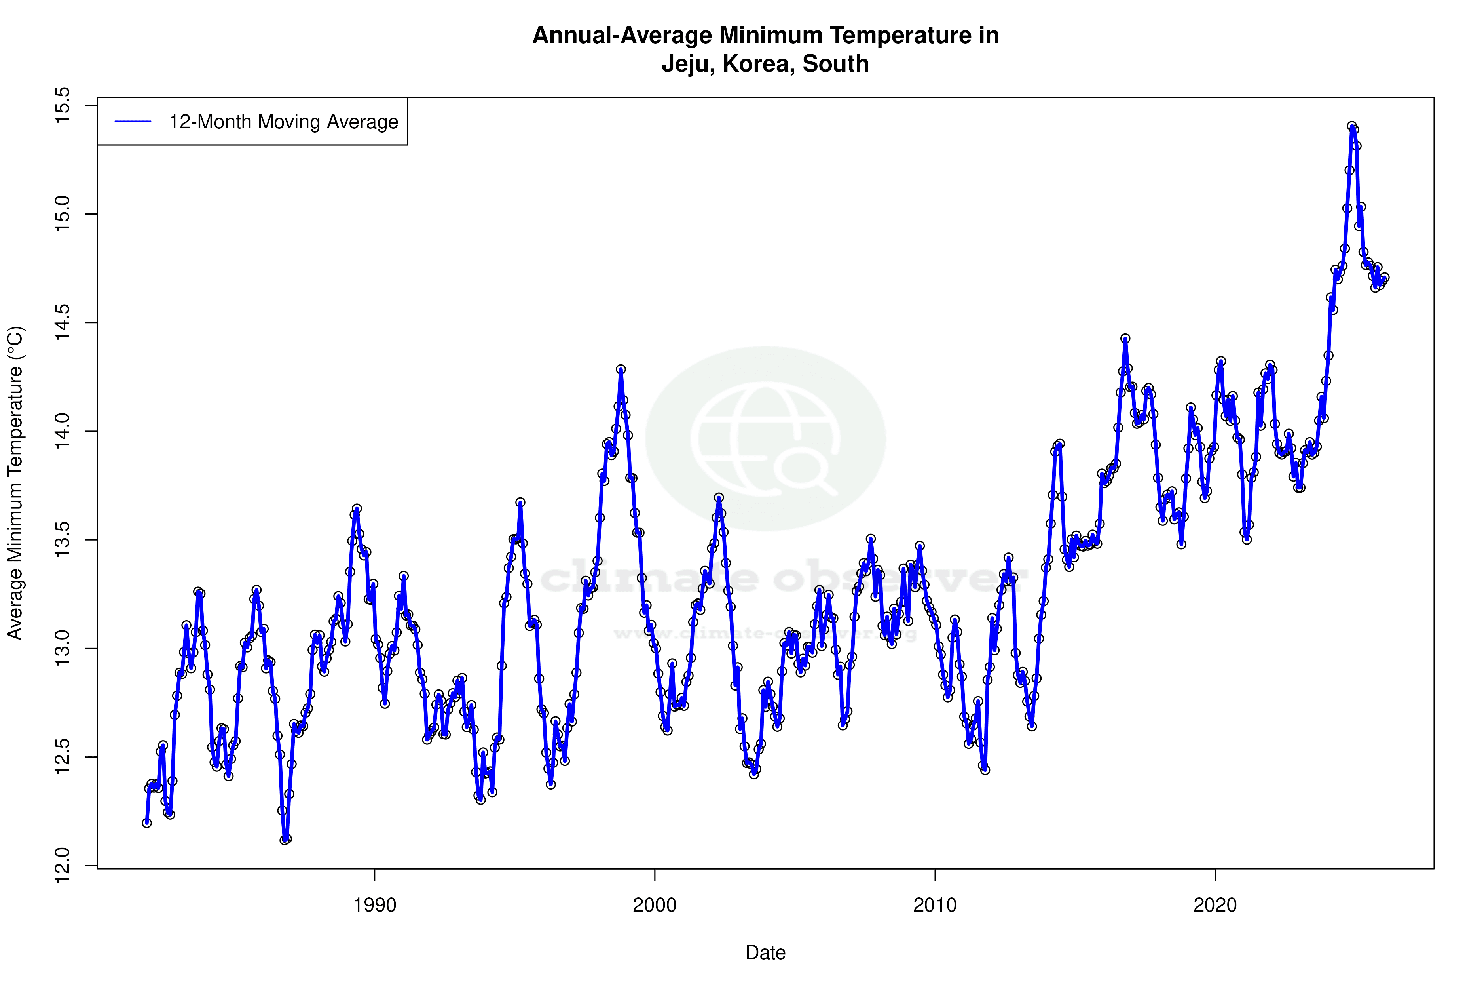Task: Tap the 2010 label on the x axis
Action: [934, 905]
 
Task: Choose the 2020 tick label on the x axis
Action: [1215, 905]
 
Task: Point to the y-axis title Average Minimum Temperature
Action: [15, 483]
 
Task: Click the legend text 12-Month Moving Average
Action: [283, 122]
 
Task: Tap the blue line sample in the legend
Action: [133, 122]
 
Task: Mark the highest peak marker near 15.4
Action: [1351, 127]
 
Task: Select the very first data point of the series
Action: [147, 822]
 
